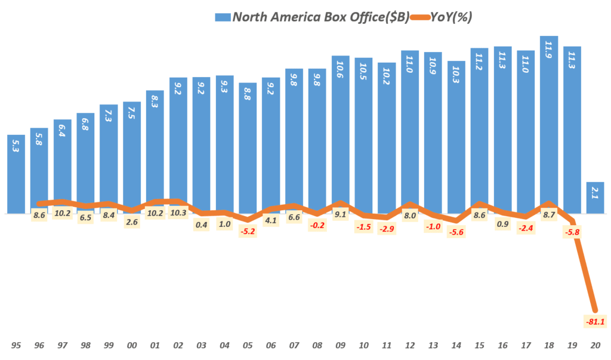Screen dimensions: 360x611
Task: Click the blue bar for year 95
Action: (16, 174)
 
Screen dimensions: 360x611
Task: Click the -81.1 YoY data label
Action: (594, 322)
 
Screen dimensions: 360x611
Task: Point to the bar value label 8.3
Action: (155, 98)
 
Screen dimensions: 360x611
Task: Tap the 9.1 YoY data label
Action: (340, 215)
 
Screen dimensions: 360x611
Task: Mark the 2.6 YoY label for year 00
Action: (132, 222)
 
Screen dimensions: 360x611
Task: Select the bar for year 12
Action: (409, 131)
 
